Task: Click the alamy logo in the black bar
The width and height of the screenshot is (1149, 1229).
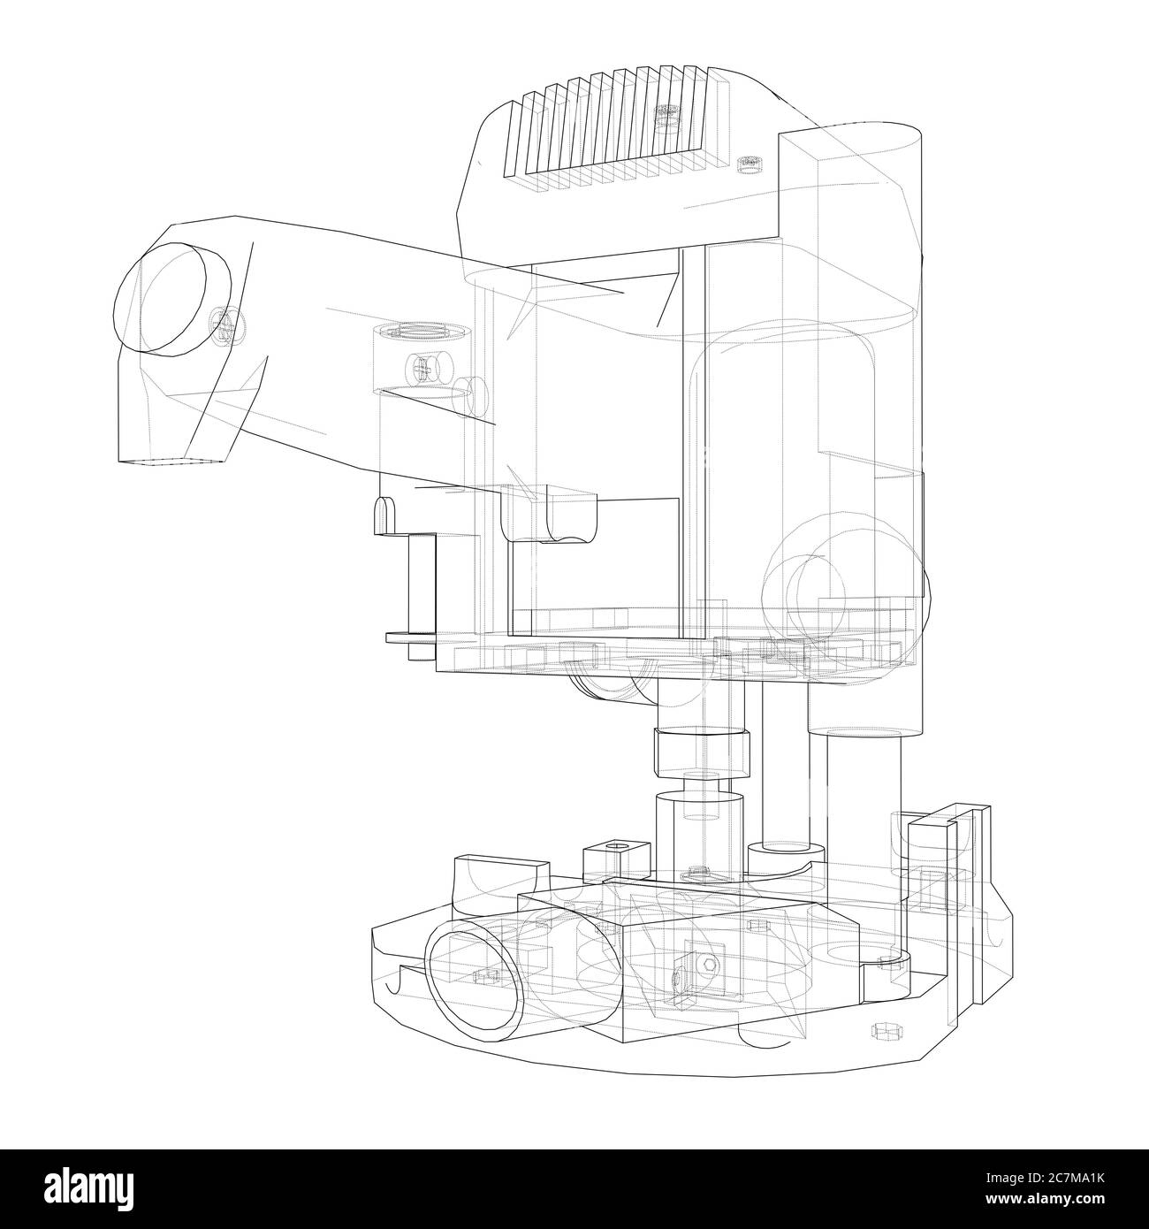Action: (96, 1188)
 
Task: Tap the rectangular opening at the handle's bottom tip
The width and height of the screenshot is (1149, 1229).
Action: (174, 460)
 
